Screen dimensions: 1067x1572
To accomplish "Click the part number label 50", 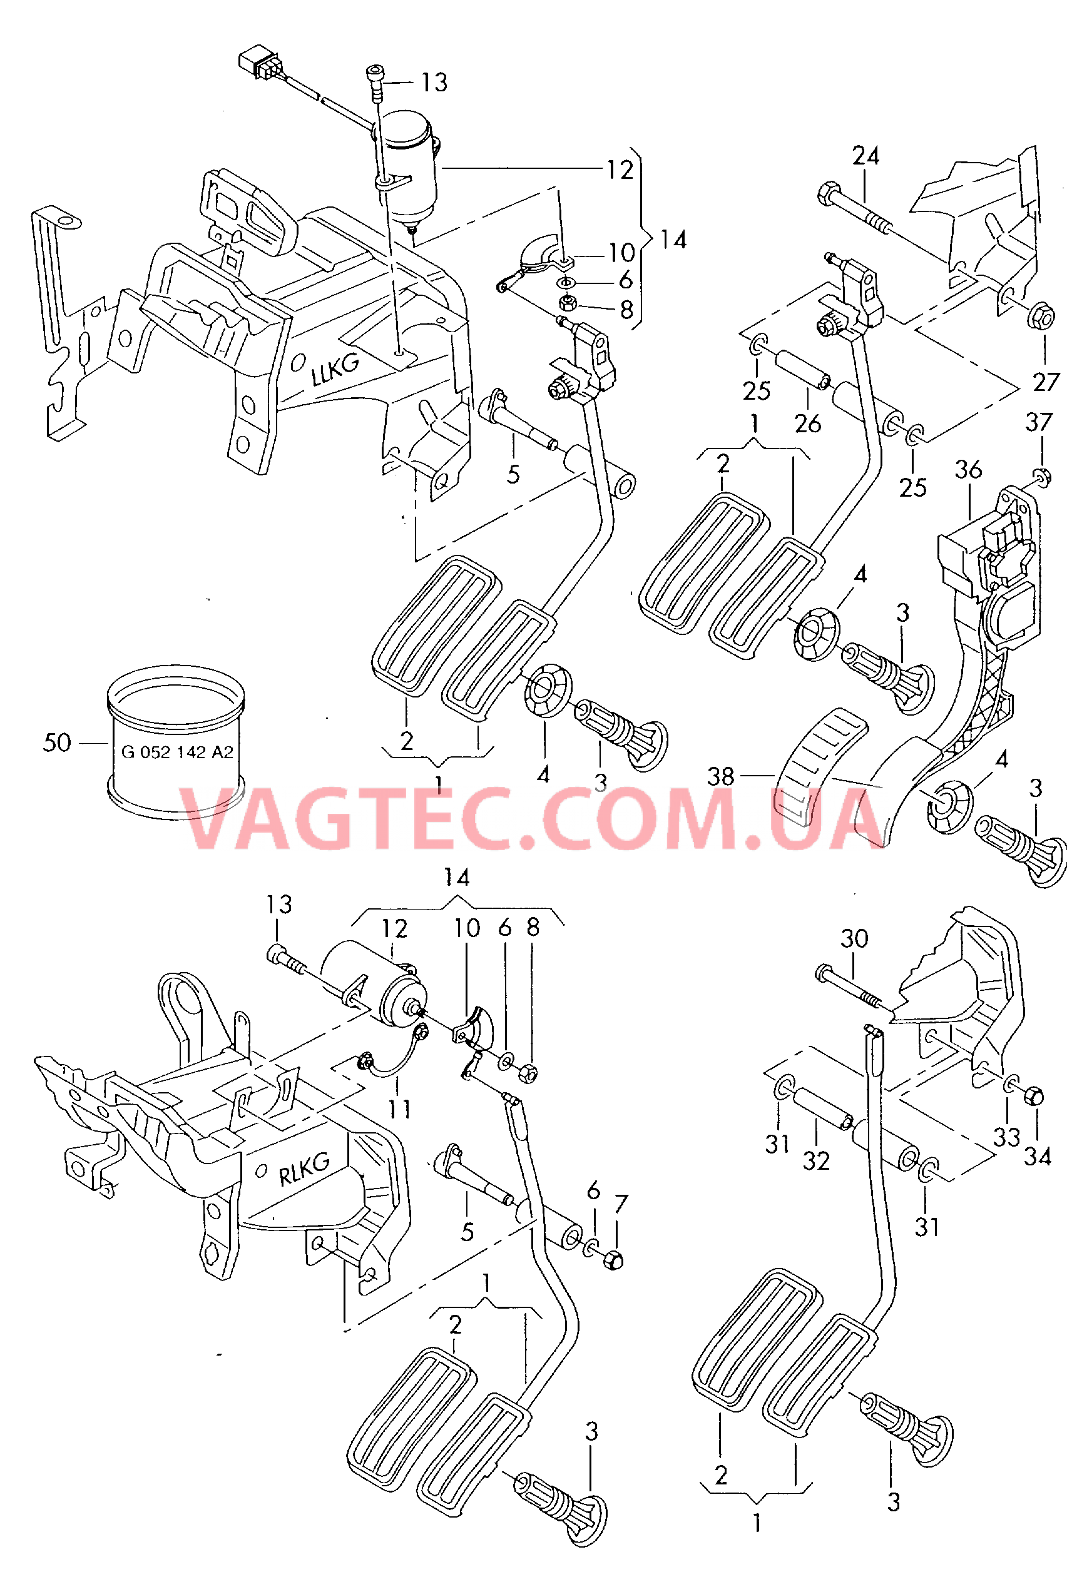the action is click(57, 743).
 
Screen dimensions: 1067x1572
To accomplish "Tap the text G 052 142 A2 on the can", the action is click(177, 751).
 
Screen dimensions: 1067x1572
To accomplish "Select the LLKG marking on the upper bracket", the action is click(335, 370).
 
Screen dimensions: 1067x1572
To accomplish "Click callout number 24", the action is click(866, 156).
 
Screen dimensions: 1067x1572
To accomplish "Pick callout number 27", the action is click(1046, 382).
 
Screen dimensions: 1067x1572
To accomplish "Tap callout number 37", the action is click(1039, 422).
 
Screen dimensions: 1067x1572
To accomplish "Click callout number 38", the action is click(720, 776).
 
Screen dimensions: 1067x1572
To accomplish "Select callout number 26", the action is click(808, 424).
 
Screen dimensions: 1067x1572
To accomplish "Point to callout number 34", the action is click(1037, 1157).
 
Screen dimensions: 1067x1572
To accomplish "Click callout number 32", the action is click(816, 1162).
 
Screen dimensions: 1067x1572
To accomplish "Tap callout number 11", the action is click(399, 1109).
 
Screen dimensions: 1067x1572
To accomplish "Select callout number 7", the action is click(621, 1204).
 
